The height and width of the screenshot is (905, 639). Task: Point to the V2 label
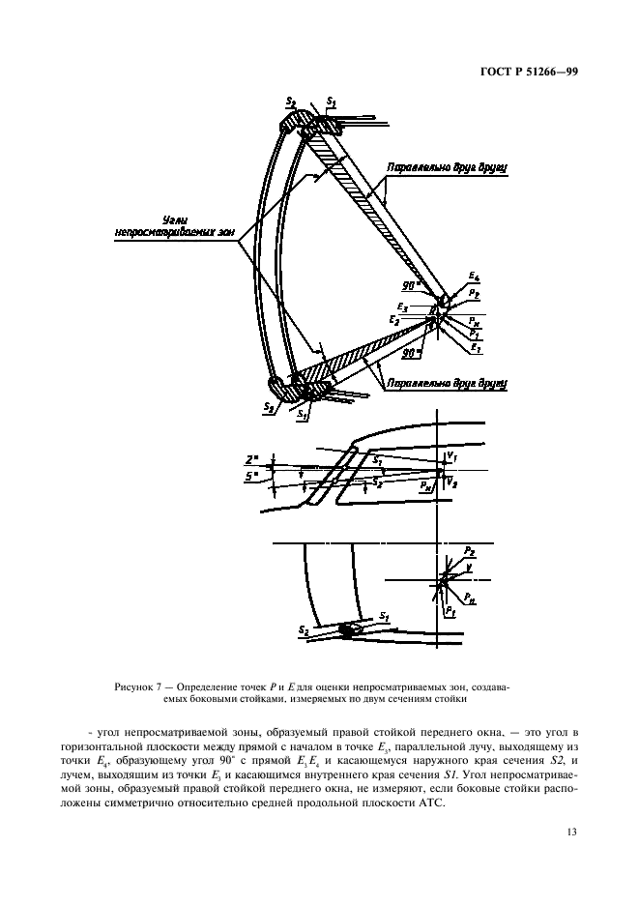[452, 480]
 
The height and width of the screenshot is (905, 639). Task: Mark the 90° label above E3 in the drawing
[412, 286]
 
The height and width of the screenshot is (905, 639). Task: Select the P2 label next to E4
[473, 292]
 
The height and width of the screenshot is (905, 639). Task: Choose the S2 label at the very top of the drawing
[291, 101]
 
